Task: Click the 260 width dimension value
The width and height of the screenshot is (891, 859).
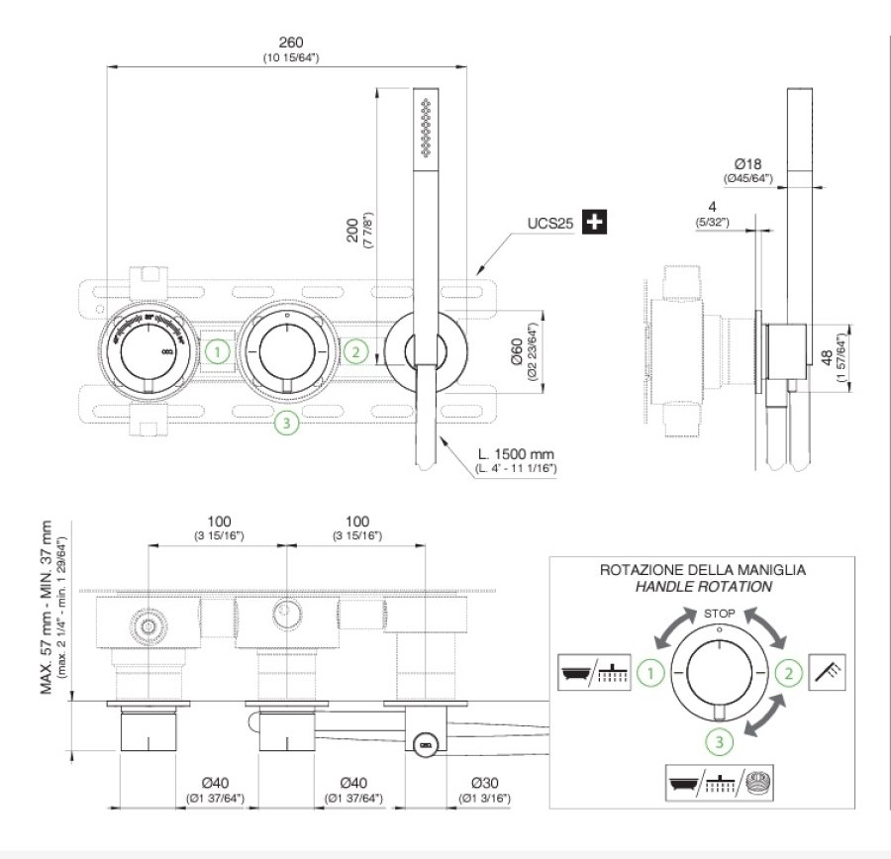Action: [291, 43]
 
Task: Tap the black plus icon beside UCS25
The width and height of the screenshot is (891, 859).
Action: [594, 223]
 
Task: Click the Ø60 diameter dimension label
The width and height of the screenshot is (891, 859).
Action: [517, 352]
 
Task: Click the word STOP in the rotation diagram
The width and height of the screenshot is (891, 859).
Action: [719, 614]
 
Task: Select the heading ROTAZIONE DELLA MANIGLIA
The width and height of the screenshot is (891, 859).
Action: [703, 570]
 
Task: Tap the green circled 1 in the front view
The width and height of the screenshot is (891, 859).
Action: [220, 350]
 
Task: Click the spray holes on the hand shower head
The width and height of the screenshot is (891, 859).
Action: [427, 127]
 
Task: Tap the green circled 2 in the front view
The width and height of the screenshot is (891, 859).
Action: [357, 350]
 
